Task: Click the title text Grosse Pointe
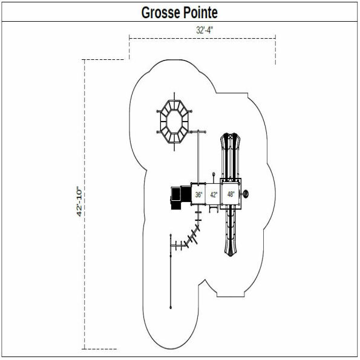tap(179, 12)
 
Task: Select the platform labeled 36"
tap(198, 195)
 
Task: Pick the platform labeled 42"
tap(214, 195)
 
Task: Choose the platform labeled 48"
tap(231, 194)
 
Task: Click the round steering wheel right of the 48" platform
tap(247, 194)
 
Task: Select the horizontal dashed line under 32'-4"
tap(203, 39)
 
